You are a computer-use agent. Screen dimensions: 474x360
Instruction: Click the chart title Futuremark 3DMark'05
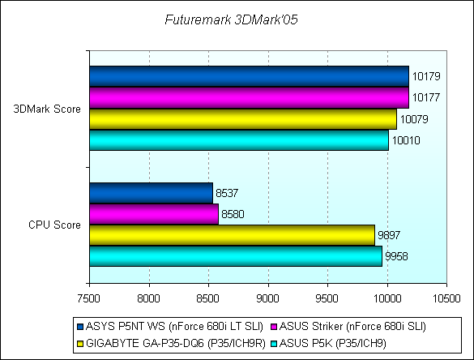pos(231,19)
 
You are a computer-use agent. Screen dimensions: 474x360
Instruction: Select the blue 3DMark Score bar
pos(249,76)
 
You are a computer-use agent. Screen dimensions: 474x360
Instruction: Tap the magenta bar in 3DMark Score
pos(249,98)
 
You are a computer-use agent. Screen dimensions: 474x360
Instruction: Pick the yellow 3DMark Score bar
pos(243,119)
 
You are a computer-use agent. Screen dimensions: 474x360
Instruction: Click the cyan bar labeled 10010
pos(239,140)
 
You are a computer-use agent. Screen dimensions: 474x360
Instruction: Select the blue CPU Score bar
pos(152,193)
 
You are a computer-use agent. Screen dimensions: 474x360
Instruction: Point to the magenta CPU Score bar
pos(154,214)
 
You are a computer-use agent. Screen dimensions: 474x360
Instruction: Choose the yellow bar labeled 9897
pos(233,235)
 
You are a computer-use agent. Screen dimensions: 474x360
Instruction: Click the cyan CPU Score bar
pos(236,256)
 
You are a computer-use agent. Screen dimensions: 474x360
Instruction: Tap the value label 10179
pos(426,76)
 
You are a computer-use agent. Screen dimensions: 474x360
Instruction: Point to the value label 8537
pos(227,193)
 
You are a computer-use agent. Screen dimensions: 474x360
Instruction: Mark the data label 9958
pos(396,256)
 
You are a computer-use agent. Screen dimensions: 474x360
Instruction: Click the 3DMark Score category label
pos(47,109)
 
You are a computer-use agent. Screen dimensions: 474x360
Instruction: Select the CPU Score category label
pos(55,225)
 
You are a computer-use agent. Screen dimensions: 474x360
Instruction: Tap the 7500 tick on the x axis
pos(88,298)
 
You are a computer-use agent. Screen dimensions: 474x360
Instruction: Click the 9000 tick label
pos(267,298)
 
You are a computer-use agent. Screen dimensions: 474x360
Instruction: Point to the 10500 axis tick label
pos(446,298)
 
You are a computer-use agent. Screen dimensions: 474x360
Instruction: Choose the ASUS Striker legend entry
pos(349,327)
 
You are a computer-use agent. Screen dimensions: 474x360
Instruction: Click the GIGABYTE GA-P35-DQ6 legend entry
pos(172,343)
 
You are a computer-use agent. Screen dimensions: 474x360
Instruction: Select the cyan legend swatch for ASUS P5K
pos(275,344)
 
